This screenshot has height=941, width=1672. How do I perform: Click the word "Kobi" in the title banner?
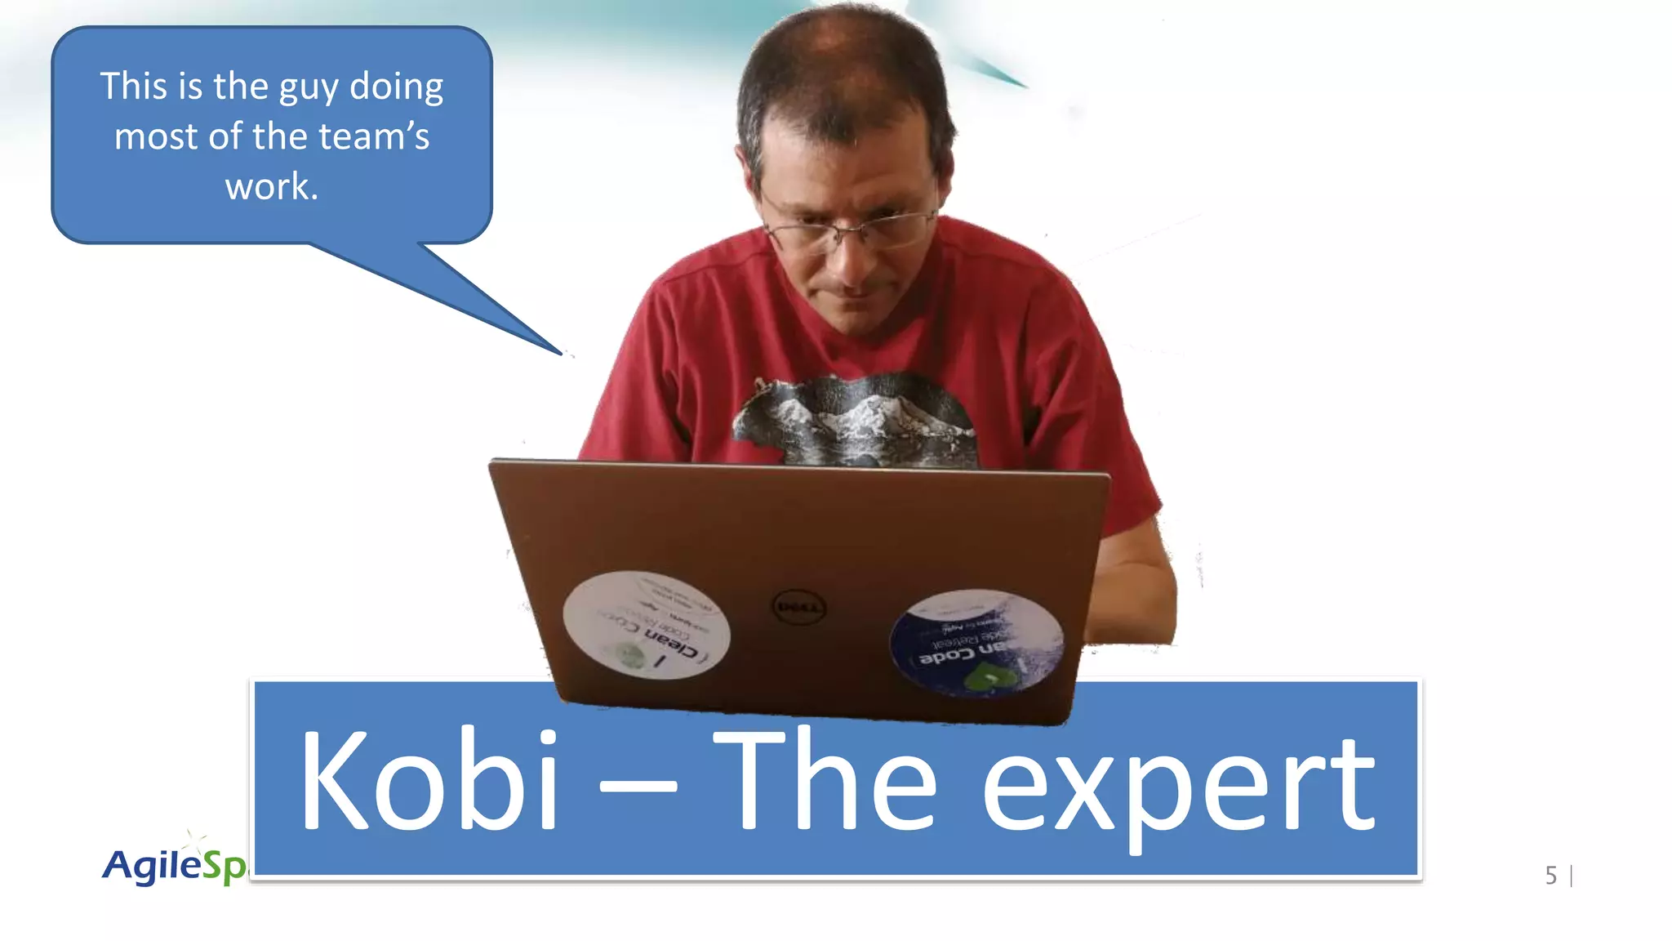(x=429, y=780)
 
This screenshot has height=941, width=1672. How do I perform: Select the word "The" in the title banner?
(x=825, y=780)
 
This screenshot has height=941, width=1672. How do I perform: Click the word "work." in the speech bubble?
(x=271, y=187)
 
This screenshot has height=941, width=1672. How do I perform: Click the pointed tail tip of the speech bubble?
(x=562, y=353)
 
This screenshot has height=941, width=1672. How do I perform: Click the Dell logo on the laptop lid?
(x=798, y=607)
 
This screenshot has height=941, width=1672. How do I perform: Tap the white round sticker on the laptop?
(x=646, y=625)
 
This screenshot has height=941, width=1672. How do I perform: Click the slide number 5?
(x=1550, y=876)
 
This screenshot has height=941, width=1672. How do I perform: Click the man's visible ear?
(x=748, y=167)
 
